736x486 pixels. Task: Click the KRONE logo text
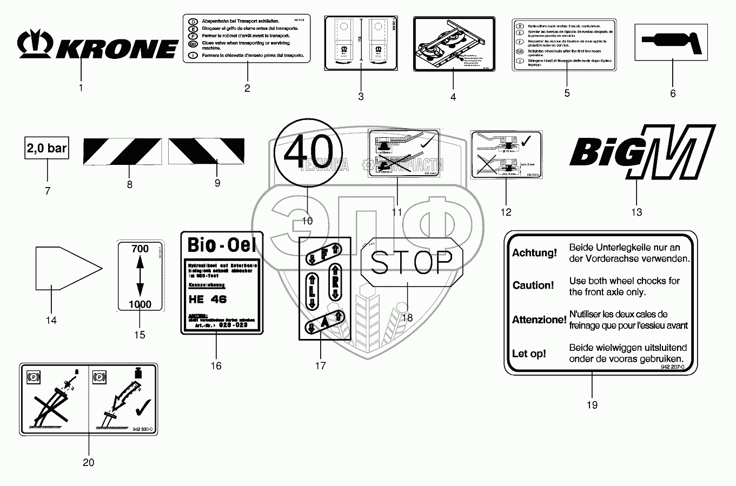(x=116, y=48)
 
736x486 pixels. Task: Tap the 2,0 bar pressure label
(x=47, y=148)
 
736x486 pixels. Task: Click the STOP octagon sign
(x=412, y=262)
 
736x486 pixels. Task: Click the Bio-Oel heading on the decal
(x=221, y=245)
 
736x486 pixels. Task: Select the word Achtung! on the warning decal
(x=534, y=252)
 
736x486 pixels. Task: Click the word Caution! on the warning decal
(x=533, y=285)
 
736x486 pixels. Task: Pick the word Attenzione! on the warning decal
(x=539, y=319)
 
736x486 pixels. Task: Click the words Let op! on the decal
(x=529, y=354)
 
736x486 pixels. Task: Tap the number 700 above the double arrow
(x=140, y=249)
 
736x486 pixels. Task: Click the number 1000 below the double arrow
(x=140, y=304)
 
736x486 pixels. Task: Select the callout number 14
(x=51, y=321)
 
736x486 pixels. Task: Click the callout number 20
(x=88, y=462)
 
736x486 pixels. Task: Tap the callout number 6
(x=673, y=94)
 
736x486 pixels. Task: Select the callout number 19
(x=592, y=404)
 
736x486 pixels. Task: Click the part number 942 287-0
(x=672, y=367)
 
